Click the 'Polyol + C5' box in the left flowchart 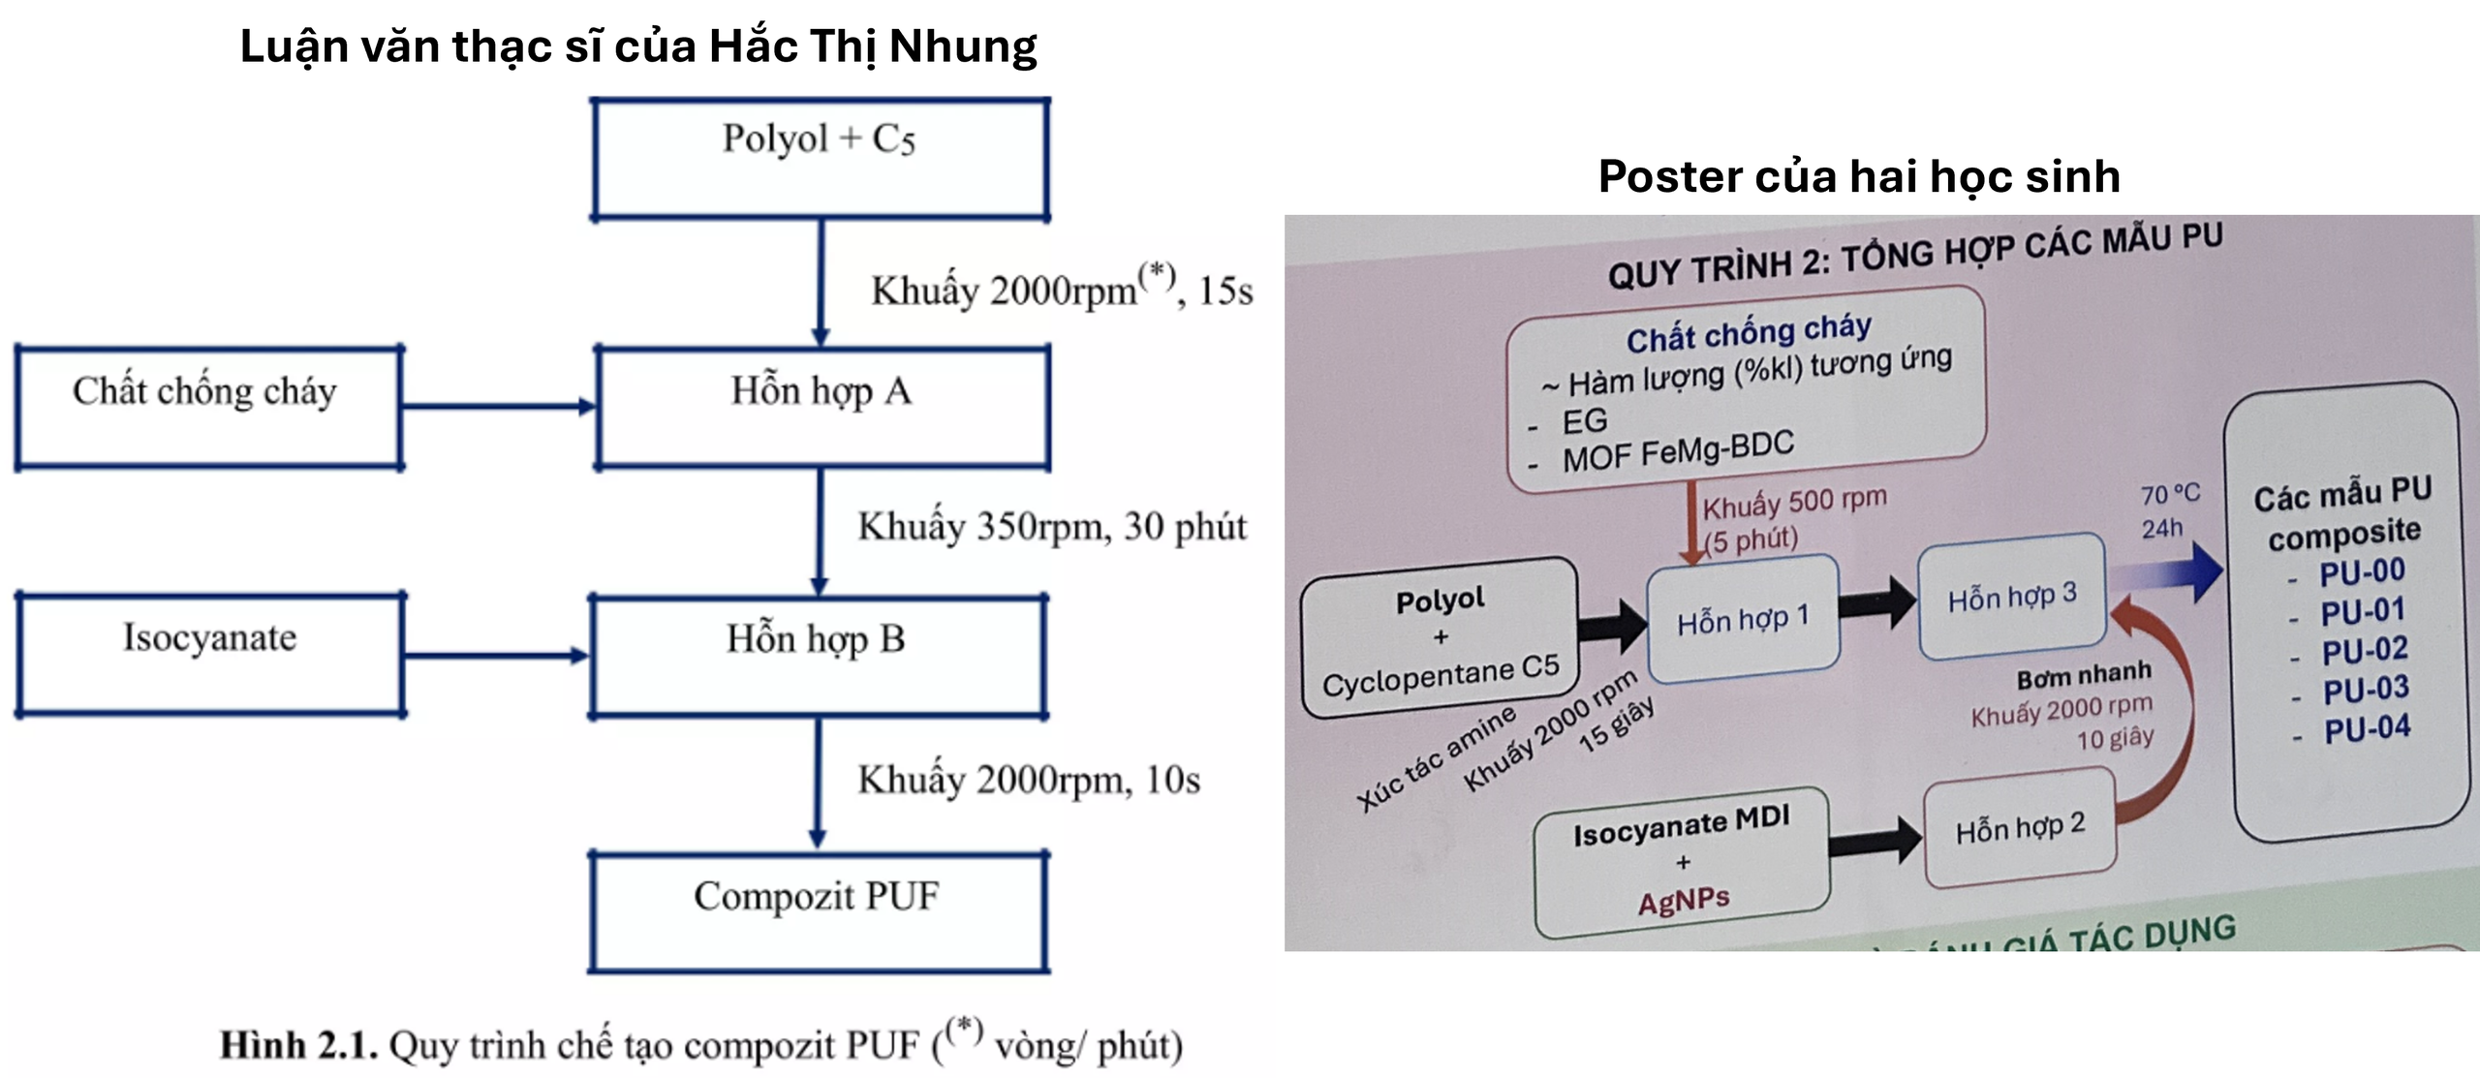[x=820, y=160]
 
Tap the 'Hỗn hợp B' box [x=818, y=656]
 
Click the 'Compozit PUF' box [x=818, y=911]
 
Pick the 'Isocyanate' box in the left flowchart [x=210, y=655]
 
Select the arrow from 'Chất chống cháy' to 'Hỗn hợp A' [x=499, y=407]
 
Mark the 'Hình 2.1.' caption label [x=298, y=1046]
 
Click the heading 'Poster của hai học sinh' [x=1859, y=177]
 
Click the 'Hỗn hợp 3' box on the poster [x=2012, y=597]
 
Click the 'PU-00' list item [x=2362, y=571]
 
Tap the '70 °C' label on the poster [x=2170, y=494]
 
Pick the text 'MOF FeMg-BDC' [x=1678, y=450]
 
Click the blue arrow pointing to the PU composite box [x=2170, y=571]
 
